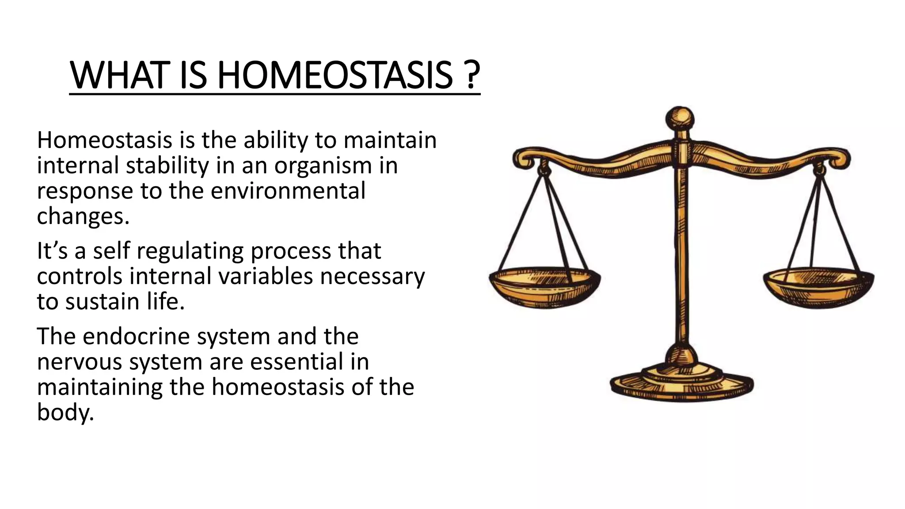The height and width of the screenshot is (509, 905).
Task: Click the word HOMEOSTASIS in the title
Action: (x=335, y=76)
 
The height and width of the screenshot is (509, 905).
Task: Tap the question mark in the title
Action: (x=472, y=76)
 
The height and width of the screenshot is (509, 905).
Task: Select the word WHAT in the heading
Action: (x=120, y=76)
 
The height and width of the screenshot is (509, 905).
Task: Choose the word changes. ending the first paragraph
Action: (x=83, y=217)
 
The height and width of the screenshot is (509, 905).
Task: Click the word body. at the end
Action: (x=65, y=412)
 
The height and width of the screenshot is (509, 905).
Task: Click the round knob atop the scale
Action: (x=680, y=118)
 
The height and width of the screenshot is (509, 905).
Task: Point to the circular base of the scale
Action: (x=682, y=384)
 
